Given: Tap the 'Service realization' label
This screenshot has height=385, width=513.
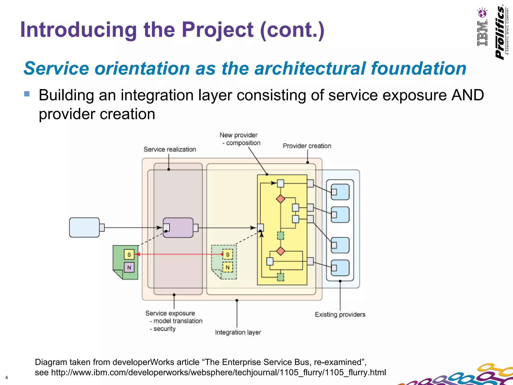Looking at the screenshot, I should [170, 149].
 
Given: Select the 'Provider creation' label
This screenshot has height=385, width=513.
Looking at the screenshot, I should [307, 146].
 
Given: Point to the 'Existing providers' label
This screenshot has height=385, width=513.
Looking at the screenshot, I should [340, 314].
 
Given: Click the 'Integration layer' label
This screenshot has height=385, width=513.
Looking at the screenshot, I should [238, 332].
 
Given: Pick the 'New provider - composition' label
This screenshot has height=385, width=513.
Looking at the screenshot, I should [240, 139].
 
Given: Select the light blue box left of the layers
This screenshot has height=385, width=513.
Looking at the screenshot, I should [84, 227].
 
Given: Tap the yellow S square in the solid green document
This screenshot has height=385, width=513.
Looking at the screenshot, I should [129, 255].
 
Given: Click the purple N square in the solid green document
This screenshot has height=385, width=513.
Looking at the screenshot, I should [129, 267].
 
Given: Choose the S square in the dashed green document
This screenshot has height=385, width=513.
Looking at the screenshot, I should [227, 254].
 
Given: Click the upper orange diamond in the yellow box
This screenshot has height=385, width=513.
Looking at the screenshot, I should [281, 199].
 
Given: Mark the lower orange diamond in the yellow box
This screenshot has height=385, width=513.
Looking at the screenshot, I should [281, 251].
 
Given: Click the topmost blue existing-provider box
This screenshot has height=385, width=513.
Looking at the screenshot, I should [340, 192].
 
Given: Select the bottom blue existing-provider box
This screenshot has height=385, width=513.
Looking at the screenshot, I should [340, 268].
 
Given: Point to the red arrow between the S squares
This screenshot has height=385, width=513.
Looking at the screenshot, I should [179, 254].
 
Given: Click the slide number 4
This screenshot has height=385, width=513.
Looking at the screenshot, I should [7, 378].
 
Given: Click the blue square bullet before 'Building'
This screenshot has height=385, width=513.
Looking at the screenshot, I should [27, 94].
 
